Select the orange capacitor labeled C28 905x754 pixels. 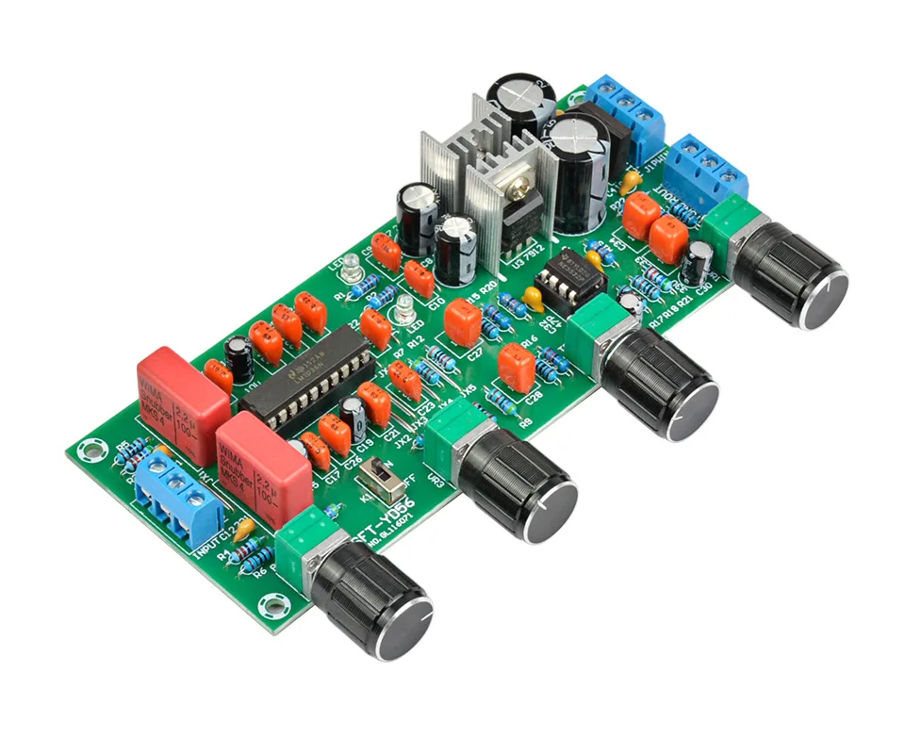[x=517, y=367]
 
